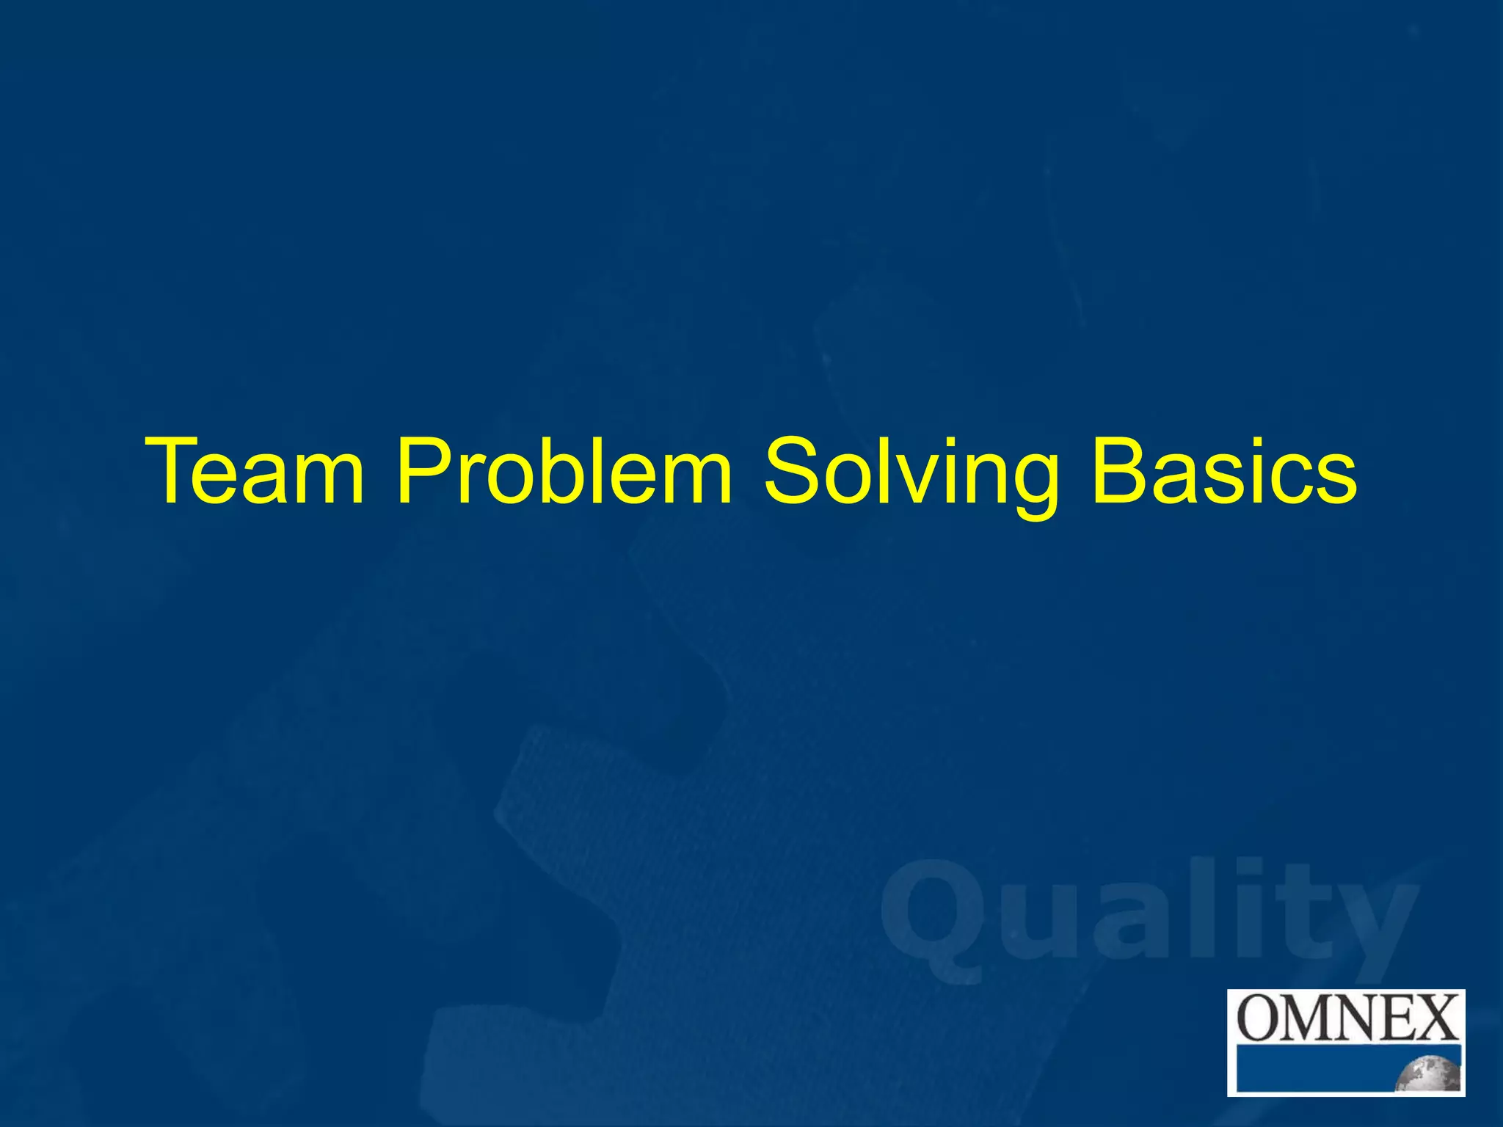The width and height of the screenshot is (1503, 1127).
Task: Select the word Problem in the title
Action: [x=564, y=471]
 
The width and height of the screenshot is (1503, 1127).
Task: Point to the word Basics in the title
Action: [x=1223, y=471]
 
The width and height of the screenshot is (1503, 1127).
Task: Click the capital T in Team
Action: [x=173, y=471]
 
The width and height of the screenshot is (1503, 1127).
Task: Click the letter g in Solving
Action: [x=1031, y=484]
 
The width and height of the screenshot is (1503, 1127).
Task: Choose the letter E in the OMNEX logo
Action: [x=1399, y=1018]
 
